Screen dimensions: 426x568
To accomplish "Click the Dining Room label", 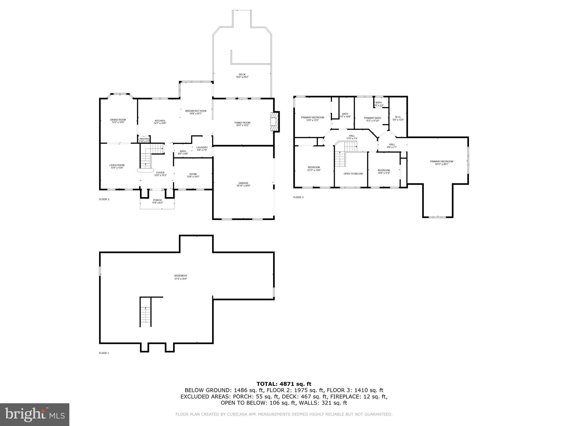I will tap(118, 121).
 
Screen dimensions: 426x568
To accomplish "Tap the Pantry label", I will tap(144, 140).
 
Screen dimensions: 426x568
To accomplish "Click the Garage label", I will tap(243, 184).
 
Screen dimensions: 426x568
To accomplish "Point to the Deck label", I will tap(242, 75).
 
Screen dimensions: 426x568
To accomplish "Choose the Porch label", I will tap(157, 201).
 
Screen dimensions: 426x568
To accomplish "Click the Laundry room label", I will tap(202, 149).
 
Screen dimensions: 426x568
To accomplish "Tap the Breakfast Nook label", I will tap(196, 112).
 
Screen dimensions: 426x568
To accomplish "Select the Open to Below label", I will tap(353, 174).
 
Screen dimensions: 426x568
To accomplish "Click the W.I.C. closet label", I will tap(398, 118).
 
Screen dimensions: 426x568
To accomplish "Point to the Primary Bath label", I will tap(372, 119).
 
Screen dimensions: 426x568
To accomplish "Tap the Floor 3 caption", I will tap(298, 197).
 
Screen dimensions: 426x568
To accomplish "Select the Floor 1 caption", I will tap(104, 353).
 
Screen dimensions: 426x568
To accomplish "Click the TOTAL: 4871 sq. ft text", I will tap(284, 384).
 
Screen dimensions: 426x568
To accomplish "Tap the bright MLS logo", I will tap(35, 414).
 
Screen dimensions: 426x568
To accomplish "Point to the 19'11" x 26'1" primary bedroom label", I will tap(442, 163).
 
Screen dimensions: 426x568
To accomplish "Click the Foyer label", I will tap(160, 174).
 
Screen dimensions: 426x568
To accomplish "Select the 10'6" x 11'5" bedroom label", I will tap(384, 171).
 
